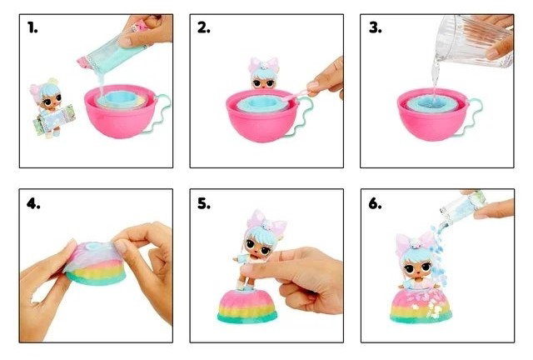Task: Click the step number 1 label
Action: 32,27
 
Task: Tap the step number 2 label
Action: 203,27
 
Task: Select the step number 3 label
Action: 375,27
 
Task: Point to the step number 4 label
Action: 33,203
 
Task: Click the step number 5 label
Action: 204,203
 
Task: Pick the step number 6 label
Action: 375,203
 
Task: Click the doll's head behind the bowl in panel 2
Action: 263,74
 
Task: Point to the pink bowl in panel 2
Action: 262,115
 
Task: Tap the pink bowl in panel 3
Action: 433,114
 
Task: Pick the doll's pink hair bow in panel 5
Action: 266,221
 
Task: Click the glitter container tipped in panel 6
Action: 464,207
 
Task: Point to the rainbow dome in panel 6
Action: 421,306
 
